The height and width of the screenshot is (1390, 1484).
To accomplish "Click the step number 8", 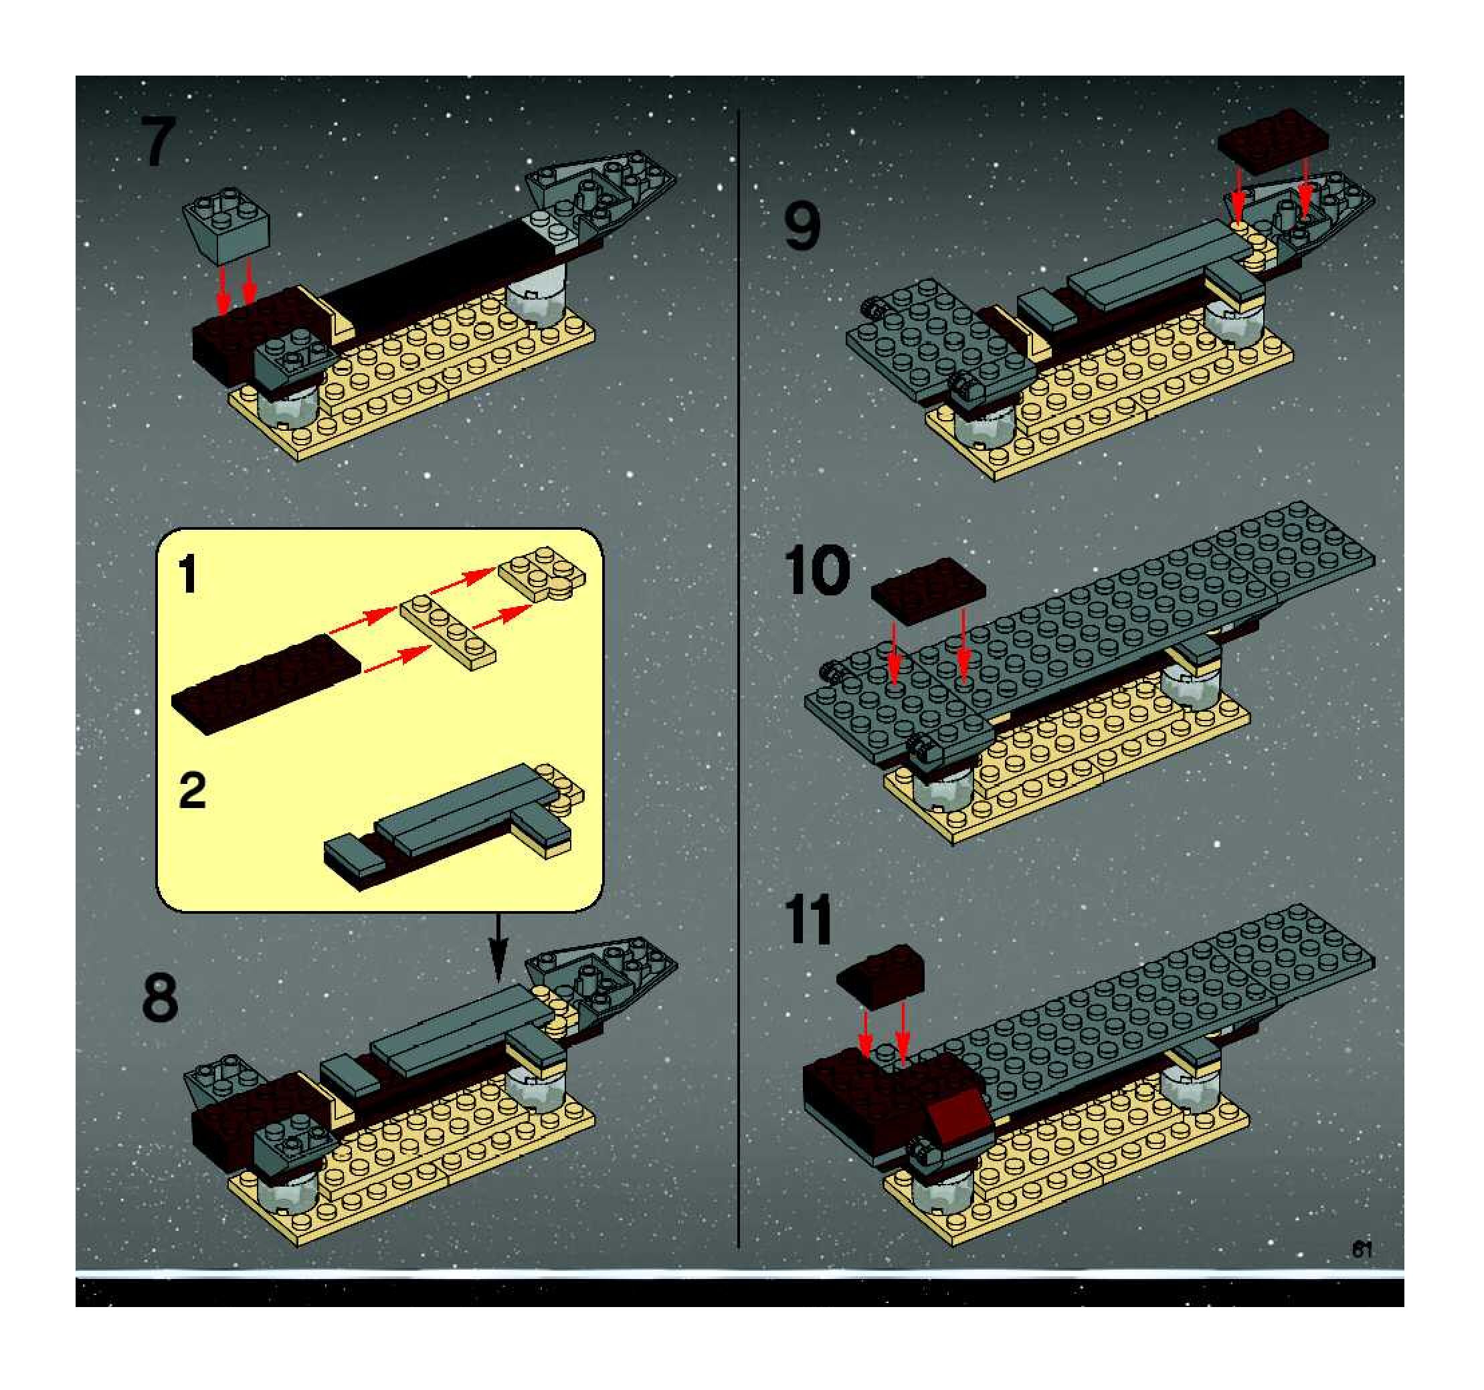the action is [160, 997].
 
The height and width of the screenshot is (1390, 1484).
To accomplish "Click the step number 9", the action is [802, 227].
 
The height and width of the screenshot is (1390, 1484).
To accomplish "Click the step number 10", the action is [818, 571].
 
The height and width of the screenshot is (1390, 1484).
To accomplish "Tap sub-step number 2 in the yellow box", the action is [193, 790].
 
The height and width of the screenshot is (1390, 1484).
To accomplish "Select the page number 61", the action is [1362, 1249].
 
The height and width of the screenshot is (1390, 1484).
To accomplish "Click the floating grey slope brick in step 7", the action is [227, 225].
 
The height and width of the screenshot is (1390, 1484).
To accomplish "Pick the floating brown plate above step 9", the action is [1273, 142].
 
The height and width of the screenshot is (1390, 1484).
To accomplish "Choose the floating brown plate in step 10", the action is [928, 591].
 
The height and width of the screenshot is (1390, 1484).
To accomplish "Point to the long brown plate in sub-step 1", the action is [266, 684].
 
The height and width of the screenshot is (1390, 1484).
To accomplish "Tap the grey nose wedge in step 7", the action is [601, 190].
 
